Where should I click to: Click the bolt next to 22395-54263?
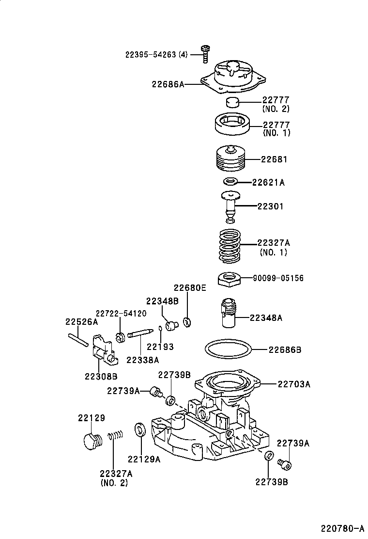point(205,54)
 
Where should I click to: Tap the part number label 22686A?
point(168,84)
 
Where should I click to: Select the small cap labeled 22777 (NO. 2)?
point(232,102)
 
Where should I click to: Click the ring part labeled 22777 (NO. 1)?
point(232,125)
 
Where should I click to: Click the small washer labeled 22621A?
point(230,181)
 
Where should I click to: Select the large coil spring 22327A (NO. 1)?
point(230,246)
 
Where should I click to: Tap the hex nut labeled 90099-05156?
point(229,278)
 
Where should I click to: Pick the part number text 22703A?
point(294,384)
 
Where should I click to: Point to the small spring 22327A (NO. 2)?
point(115,436)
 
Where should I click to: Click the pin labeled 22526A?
point(78,340)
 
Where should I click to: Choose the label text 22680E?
point(190,288)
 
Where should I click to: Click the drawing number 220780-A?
point(342,528)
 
